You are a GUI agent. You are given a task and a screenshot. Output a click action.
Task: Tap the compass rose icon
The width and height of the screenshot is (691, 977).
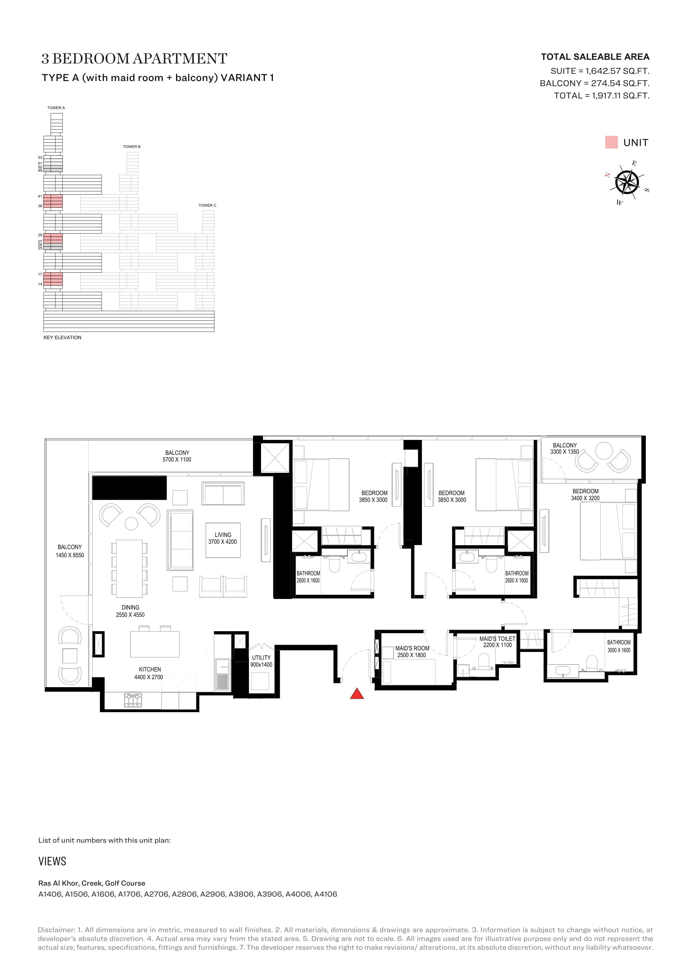[627, 183]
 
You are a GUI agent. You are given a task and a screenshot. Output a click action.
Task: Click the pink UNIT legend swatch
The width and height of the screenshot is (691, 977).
[611, 142]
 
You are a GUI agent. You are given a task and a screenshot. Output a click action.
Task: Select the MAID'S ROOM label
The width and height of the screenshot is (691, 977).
[412, 648]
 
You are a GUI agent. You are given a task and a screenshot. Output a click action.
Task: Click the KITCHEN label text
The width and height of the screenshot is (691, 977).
[150, 669]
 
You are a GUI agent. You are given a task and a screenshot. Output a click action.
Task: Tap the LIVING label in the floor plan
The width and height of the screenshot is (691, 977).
[223, 535]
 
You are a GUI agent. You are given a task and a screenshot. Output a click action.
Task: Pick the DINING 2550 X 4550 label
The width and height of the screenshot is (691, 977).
[130, 611]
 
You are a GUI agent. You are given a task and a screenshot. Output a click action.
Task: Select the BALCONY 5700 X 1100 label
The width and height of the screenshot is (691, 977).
[177, 456]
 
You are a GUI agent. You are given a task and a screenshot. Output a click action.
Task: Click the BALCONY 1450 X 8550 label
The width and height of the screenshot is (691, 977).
[70, 551]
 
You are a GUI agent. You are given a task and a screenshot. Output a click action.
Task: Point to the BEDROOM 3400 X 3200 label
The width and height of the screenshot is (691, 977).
[585, 495]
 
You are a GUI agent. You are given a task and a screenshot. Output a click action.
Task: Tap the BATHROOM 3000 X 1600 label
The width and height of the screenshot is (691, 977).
[619, 646]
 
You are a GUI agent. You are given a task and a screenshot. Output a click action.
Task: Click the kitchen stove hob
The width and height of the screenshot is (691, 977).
[133, 700]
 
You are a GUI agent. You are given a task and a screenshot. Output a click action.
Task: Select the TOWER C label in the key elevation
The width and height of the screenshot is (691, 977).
[208, 206]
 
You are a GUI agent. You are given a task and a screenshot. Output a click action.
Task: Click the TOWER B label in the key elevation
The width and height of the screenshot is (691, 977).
[132, 147]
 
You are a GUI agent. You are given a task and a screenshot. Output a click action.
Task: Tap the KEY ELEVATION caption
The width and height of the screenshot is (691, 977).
[62, 338]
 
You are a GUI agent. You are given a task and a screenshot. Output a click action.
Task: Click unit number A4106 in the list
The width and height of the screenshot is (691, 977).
[325, 894]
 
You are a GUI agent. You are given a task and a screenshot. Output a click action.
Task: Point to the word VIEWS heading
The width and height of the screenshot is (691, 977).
[52, 862]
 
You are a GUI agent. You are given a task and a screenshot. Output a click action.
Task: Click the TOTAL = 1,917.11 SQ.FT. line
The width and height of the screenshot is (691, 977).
[602, 96]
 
